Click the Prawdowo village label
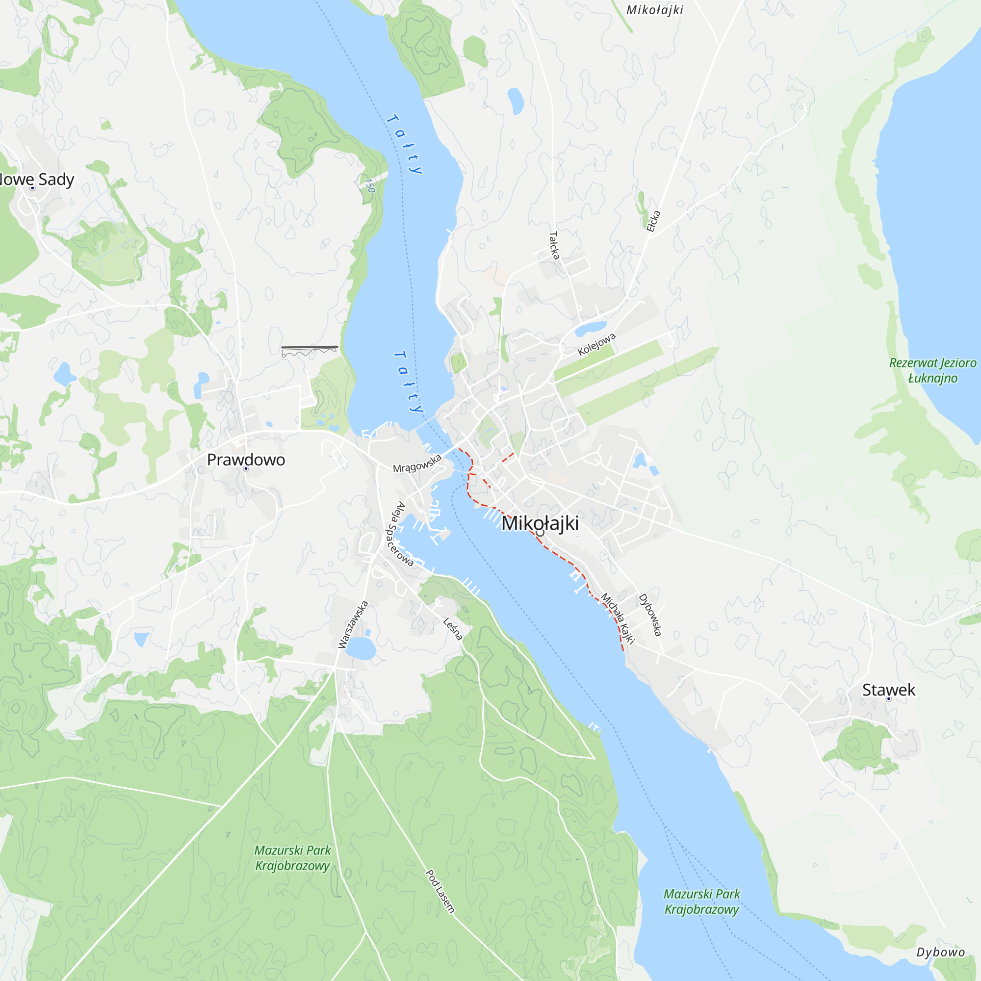click(x=246, y=460)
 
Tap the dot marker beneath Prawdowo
click(x=246, y=468)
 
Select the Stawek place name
click(x=889, y=690)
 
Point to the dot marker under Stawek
click(x=889, y=699)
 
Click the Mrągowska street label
click(x=417, y=464)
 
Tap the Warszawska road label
click(x=353, y=624)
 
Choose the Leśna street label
click(x=453, y=629)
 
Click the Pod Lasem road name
click(x=439, y=891)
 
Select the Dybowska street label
click(x=650, y=615)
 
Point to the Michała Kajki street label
click(x=618, y=618)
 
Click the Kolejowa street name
click(x=596, y=344)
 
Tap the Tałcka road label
click(x=554, y=246)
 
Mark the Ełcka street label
click(x=653, y=221)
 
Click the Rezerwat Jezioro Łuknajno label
click(x=933, y=370)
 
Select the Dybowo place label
click(x=941, y=952)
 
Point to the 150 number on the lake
click(x=370, y=185)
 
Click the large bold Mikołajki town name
click(x=540, y=523)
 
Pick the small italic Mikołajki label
click(x=655, y=10)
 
